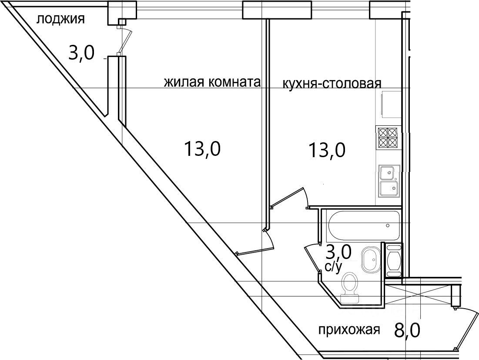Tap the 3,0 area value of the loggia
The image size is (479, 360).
[x=81, y=54]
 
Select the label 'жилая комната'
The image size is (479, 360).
[x=212, y=82]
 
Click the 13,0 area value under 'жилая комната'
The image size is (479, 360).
[x=202, y=149]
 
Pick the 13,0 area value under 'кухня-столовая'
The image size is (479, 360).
[x=327, y=150]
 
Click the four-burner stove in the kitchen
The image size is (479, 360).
[x=388, y=138]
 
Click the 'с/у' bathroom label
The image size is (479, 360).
[x=333, y=267]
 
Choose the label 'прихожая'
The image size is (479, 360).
[x=349, y=330]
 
